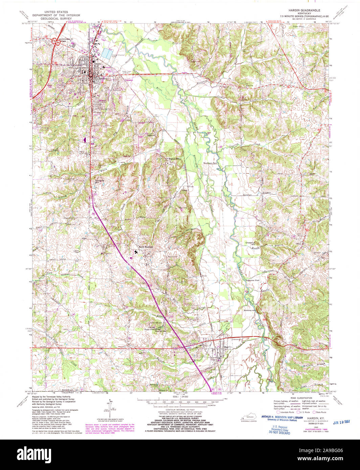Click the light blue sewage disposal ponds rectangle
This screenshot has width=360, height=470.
107,53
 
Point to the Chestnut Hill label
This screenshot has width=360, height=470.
252,244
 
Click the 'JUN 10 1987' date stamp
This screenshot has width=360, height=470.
342,422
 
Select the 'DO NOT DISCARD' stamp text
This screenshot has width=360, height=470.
280,433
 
